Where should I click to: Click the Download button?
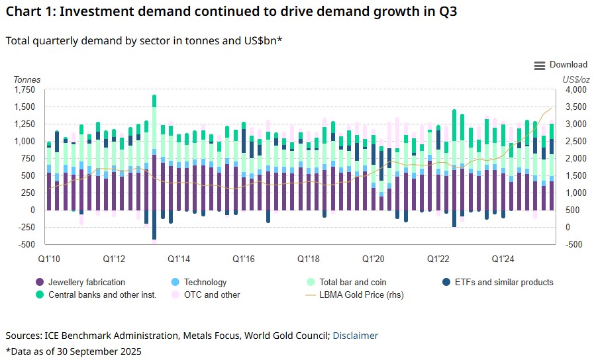tap(568, 65)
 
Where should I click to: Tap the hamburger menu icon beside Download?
tap(539, 65)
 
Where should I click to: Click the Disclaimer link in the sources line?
tap(355, 336)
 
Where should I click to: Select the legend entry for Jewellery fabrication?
tap(86, 282)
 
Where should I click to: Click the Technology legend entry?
tap(205, 282)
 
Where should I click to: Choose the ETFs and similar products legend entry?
tap(503, 282)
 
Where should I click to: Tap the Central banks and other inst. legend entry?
tap(102, 294)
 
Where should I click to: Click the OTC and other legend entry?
tap(212, 294)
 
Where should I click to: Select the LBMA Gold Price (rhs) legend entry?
tap(361, 294)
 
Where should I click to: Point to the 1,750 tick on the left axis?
tap(23, 89)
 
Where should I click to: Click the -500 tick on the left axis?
tap(27, 244)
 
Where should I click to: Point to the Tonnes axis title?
tap(27, 79)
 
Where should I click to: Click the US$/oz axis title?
tap(575, 79)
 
